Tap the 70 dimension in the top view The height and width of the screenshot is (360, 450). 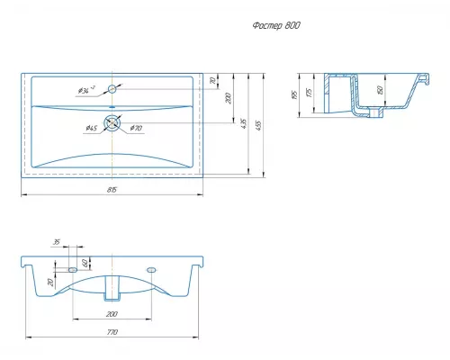(213, 82)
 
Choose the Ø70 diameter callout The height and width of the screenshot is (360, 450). (136, 129)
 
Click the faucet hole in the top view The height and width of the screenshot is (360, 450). (112, 89)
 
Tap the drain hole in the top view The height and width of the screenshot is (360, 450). (112, 124)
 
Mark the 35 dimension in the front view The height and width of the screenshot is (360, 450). (57, 243)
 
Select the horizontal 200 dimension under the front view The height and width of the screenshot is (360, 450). (112, 315)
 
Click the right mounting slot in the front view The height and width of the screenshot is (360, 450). (150, 269)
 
